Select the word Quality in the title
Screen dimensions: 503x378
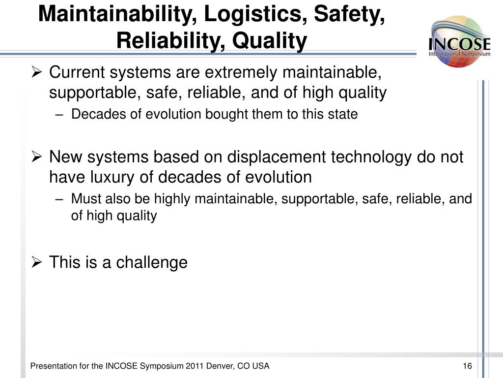pyautogui.click(x=270, y=41)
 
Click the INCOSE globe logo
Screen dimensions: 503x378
pyautogui.click(x=460, y=42)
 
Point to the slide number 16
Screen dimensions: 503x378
pyautogui.click(x=468, y=366)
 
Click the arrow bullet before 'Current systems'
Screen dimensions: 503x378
pyautogui.click(x=37, y=72)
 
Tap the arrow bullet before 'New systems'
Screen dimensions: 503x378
pyautogui.click(x=37, y=157)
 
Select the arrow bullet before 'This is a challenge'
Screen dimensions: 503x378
pyautogui.click(x=37, y=262)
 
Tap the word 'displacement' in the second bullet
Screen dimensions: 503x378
pyautogui.click(x=277, y=157)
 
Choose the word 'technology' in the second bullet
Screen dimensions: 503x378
pyautogui.click(x=371, y=157)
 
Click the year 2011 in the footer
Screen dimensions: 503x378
pyautogui.click(x=195, y=366)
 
